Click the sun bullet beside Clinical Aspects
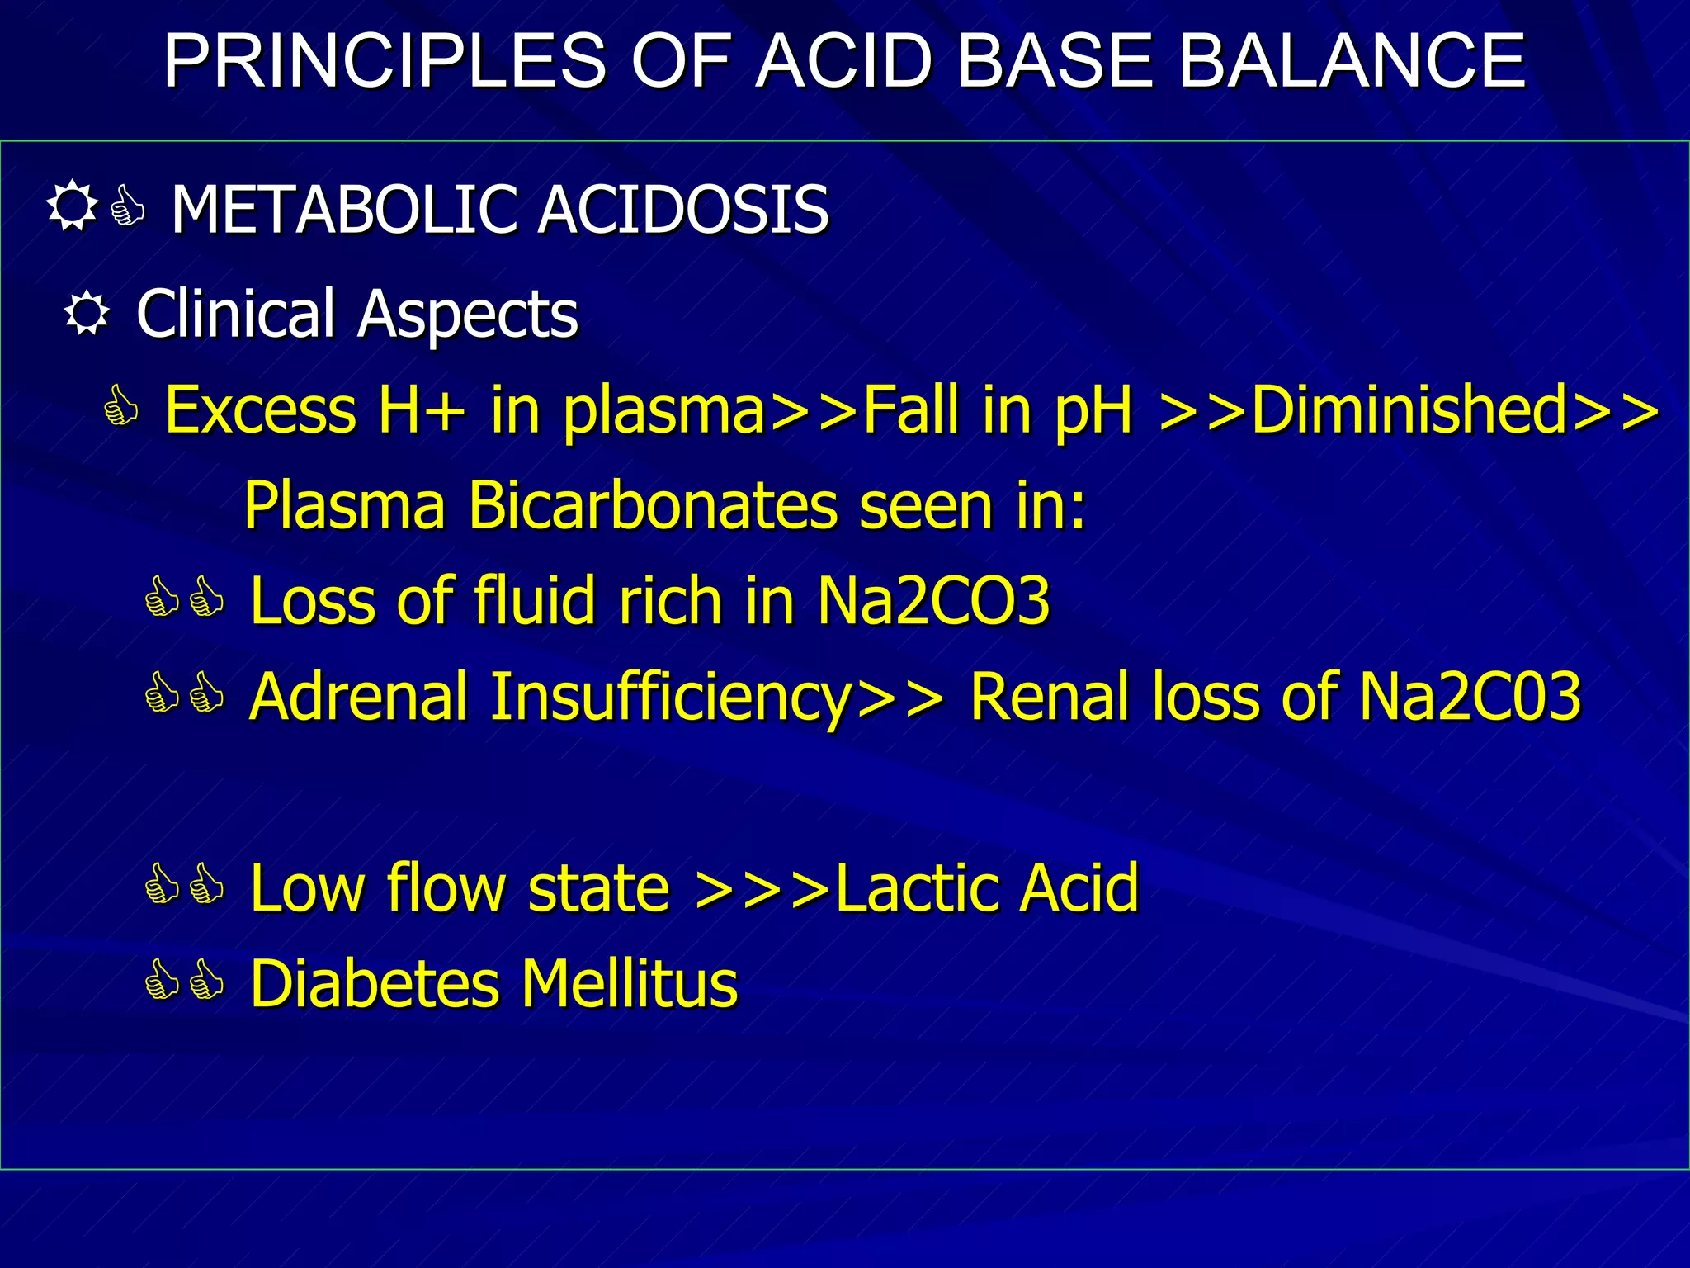pyautogui.click(x=87, y=315)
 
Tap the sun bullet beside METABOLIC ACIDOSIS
pyautogui.click(x=72, y=206)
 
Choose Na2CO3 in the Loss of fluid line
pyautogui.click(x=933, y=600)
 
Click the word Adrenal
pyautogui.click(x=359, y=696)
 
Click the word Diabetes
pyautogui.click(x=375, y=983)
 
